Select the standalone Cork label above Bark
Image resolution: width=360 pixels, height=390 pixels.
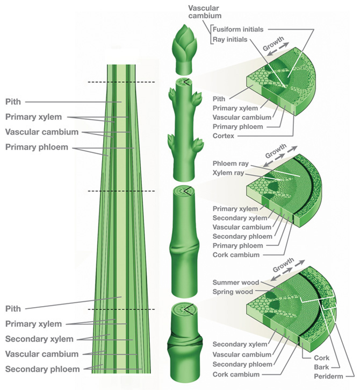tap(321, 357)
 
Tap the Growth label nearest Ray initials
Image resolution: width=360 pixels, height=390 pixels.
tap(273, 47)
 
